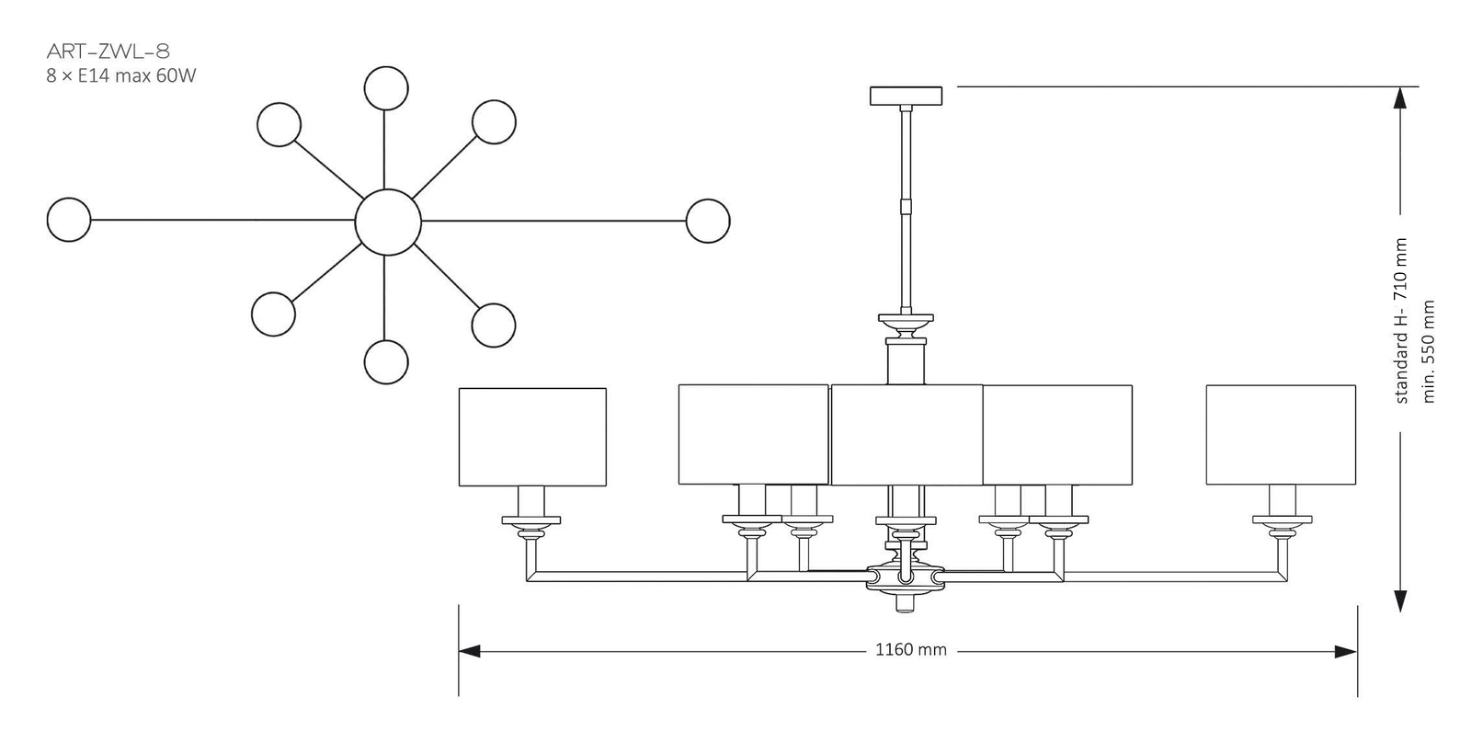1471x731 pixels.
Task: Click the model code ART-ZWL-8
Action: (108, 51)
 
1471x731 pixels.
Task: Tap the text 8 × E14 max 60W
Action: (121, 76)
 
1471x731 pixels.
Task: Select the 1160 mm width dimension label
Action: (910, 650)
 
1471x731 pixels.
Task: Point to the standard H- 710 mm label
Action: (1401, 320)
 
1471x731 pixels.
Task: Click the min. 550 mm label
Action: (1428, 351)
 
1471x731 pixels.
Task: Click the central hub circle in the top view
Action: (388, 222)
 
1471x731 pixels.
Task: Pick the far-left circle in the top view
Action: (69, 220)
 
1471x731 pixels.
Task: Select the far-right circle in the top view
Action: (708, 221)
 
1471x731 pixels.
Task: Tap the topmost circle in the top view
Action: (386, 88)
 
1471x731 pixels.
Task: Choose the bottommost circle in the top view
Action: (386, 361)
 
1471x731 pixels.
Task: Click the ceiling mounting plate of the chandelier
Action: (907, 96)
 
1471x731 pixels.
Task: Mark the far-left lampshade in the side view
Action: (532, 437)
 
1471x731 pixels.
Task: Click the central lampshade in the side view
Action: (907, 435)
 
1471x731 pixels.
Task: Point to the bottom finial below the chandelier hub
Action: (907, 603)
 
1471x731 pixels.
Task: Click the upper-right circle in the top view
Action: (495, 122)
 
